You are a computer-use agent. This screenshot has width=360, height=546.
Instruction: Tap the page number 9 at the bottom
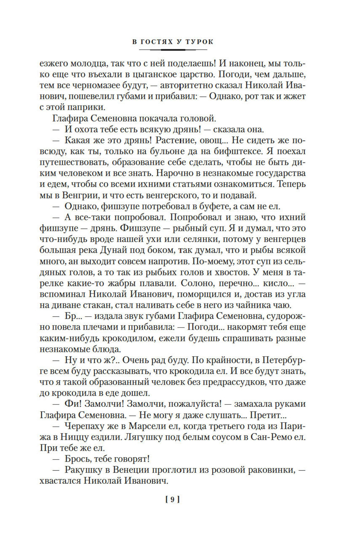[x=172, y=499]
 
